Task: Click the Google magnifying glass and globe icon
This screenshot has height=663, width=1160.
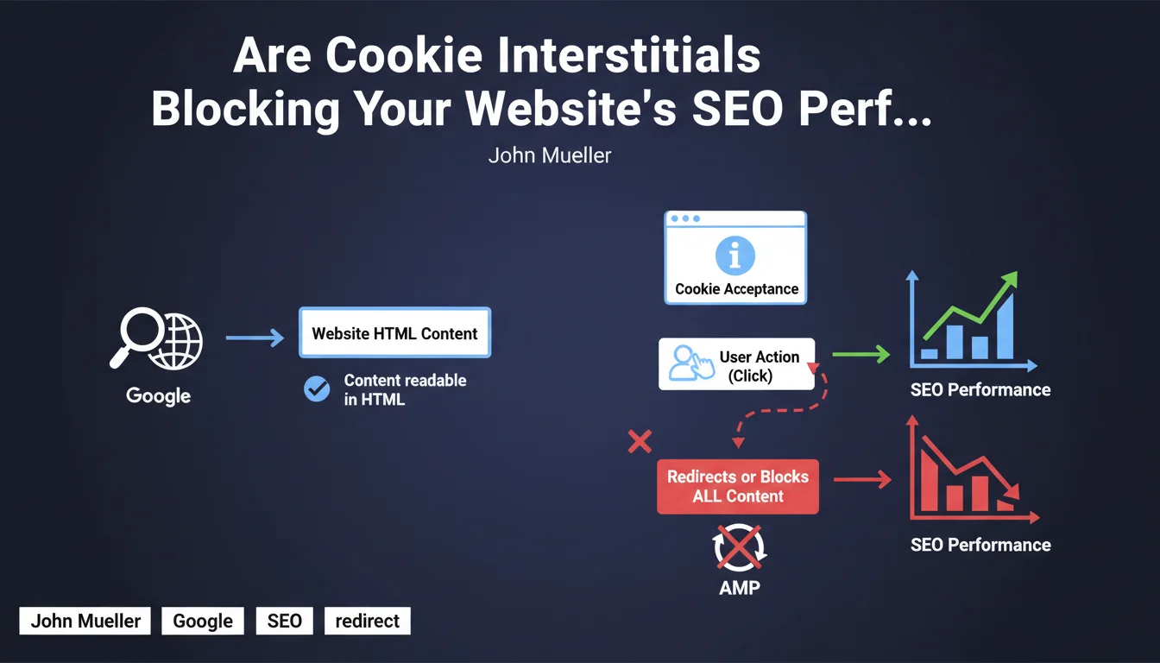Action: click(156, 338)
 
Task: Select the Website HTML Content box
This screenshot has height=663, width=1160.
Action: click(394, 332)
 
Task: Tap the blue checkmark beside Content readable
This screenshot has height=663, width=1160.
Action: click(317, 388)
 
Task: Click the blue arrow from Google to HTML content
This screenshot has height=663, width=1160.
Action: click(255, 338)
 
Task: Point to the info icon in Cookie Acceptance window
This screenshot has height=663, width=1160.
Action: click(734, 256)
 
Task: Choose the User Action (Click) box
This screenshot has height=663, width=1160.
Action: click(736, 364)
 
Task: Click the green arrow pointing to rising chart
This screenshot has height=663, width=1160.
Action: click(861, 354)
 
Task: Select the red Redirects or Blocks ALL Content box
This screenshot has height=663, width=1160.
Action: click(738, 486)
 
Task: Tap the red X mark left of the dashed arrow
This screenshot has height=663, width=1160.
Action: click(640, 442)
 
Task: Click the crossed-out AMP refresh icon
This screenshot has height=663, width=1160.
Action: click(739, 547)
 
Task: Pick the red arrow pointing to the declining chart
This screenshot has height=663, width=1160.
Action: click(862, 479)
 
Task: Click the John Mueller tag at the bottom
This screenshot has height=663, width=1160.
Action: click(85, 621)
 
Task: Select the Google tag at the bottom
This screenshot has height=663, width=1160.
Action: click(203, 621)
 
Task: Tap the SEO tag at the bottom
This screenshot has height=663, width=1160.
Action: click(284, 621)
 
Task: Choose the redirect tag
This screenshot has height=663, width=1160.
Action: click(367, 621)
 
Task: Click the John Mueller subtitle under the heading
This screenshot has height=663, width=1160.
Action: click(550, 155)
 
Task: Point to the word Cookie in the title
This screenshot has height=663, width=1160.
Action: click(404, 55)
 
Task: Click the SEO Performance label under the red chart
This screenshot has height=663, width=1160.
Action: click(980, 545)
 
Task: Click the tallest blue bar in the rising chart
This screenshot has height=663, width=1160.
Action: click(1005, 326)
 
